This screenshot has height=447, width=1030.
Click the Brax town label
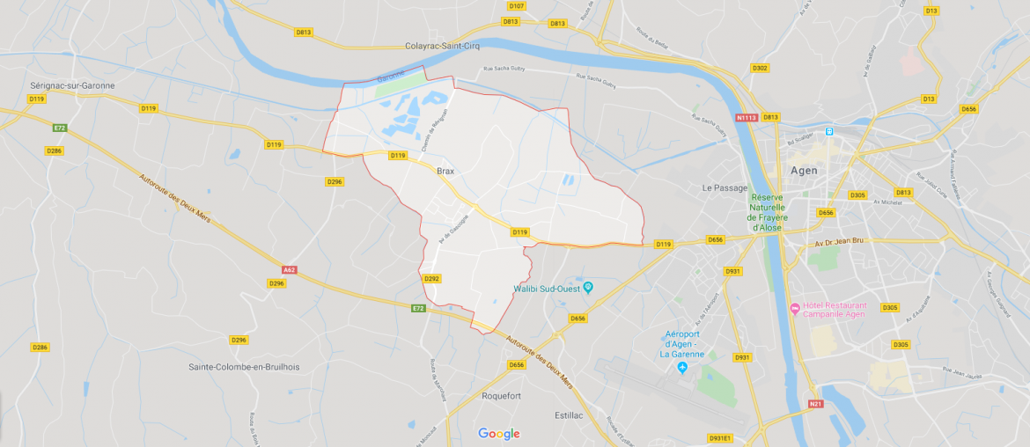444,172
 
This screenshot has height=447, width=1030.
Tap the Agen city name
804,171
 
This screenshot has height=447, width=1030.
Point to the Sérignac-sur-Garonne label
72,85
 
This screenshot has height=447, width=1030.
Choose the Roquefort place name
501,396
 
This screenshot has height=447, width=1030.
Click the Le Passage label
725,188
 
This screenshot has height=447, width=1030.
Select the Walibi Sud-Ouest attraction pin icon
588,288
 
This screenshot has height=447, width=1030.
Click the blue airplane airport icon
682,366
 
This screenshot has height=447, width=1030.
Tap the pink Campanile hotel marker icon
795,308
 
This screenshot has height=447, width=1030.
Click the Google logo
499,434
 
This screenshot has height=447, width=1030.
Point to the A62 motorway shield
290,269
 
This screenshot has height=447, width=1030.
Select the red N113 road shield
746,117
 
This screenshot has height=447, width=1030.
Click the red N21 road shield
816,405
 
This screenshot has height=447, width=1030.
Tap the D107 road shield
516,6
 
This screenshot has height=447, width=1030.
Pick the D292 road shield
431,278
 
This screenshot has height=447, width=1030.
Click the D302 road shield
760,68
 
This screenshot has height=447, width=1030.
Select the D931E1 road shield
720,437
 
